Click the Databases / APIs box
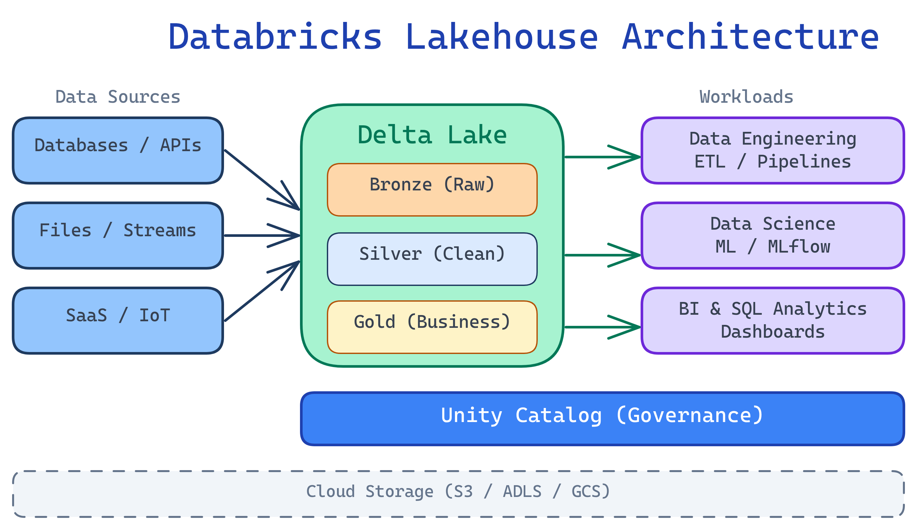(118, 150)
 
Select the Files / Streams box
(118, 235)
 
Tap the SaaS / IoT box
(118, 320)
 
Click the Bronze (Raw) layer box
(432, 189)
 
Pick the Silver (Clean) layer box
(432, 259)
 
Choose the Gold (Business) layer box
(432, 327)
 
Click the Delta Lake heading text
(432, 135)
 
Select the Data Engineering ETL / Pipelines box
(773, 150)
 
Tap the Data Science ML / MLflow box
(773, 235)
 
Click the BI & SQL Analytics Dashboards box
(773, 320)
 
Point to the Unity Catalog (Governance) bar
(602, 418)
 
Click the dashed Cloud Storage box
(458, 493)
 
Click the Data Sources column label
(118, 97)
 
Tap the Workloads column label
(746, 97)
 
